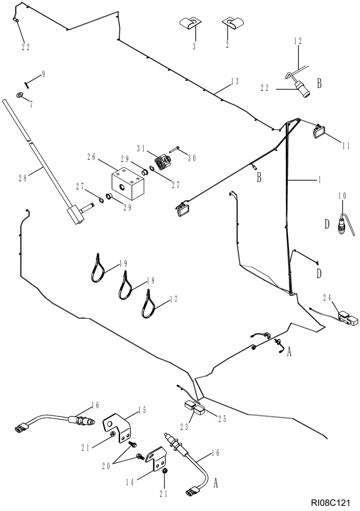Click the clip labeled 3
point(190,24)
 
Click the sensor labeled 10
point(341,223)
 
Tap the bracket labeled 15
point(119,426)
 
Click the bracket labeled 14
point(157,456)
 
